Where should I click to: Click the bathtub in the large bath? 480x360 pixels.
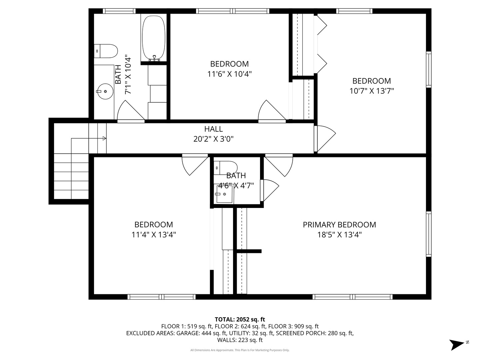pos(154,38)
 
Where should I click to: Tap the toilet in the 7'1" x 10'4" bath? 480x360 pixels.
pos(106,51)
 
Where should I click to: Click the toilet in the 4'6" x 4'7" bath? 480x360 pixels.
pos(226,167)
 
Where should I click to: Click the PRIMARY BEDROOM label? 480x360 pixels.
pos(339,225)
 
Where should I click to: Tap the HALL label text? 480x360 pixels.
pos(213,129)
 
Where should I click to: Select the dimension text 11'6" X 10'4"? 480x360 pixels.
pos(229,74)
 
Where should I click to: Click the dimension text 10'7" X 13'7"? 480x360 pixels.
pos(372,91)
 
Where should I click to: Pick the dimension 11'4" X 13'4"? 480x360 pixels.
pos(154,235)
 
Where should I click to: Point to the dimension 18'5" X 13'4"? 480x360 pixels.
pos(339,235)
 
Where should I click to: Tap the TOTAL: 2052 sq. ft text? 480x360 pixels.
pos(240,319)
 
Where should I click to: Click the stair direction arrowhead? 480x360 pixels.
pos(104,138)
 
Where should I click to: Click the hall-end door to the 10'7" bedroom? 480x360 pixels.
pos(324,138)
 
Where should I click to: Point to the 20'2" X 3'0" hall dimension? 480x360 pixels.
pos(213,139)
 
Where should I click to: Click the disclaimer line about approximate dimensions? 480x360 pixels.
pos(240,350)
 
